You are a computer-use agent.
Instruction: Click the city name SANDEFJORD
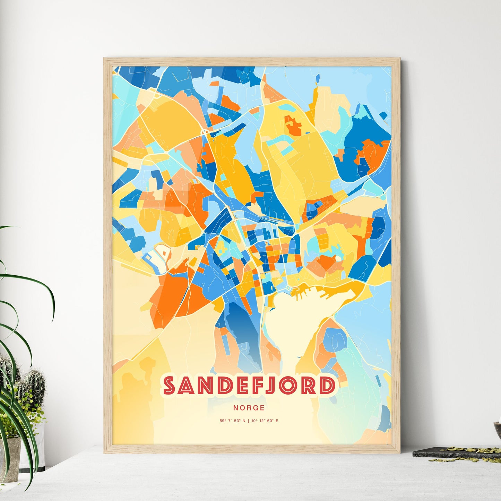coord(250,385)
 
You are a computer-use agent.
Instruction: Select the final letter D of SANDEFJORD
coord(327,385)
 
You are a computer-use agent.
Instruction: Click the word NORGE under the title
coord(249,408)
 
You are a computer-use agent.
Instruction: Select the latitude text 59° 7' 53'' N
coord(232,421)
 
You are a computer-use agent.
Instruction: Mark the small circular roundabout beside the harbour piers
coord(288,288)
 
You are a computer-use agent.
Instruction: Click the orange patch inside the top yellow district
coord(293,126)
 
